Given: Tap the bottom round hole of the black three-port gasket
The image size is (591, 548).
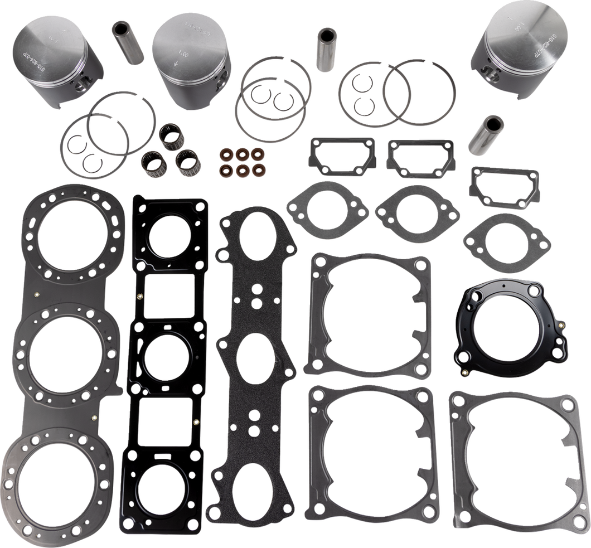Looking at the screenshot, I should click(x=166, y=479).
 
